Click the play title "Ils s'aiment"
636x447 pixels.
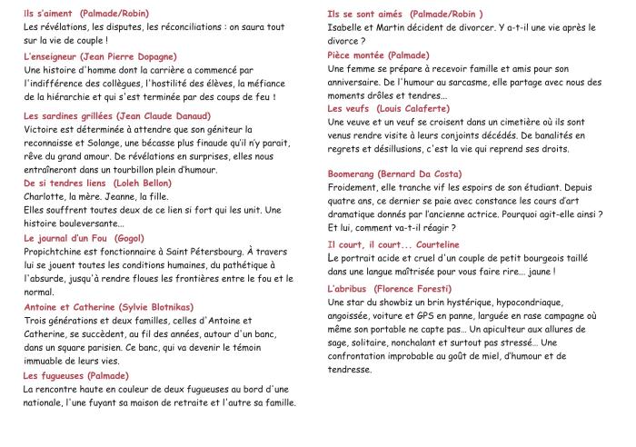click(x=49, y=14)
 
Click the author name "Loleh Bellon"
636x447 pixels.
click(x=143, y=183)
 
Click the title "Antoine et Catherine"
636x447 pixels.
click(x=69, y=307)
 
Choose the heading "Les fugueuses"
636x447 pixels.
click(x=54, y=375)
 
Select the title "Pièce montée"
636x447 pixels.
click(x=359, y=55)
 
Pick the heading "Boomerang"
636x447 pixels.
click(x=358, y=174)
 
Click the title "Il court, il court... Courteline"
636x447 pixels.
click(x=393, y=244)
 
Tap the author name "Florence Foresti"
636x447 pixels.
click(x=427, y=288)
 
